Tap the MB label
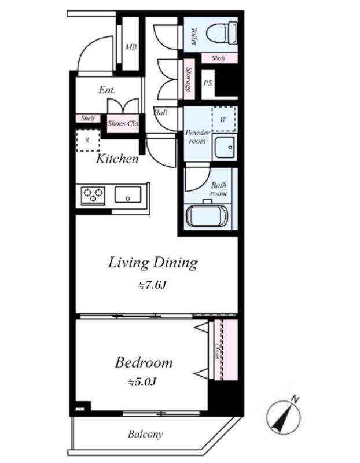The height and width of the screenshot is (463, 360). click(x=131, y=47)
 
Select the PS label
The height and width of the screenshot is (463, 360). click(x=208, y=83)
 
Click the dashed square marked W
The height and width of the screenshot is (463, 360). click(x=223, y=119)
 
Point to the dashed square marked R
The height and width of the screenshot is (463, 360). click(x=88, y=141)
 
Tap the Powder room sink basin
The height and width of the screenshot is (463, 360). click(x=225, y=147)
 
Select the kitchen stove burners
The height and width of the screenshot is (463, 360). click(x=93, y=196)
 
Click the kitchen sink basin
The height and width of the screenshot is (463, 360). click(x=128, y=194)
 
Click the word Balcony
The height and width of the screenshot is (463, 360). click(x=145, y=435)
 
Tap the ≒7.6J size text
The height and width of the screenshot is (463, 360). click(x=152, y=285)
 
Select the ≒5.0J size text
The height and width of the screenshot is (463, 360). click(x=142, y=382)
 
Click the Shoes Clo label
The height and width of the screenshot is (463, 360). click(x=123, y=123)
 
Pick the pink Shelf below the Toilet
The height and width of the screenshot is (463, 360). click(x=219, y=58)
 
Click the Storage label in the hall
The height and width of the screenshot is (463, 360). click(x=189, y=79)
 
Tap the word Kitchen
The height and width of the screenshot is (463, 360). click(x=117, y=159)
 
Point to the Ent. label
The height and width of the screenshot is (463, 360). click(x=107, y=90)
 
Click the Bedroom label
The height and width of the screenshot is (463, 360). click(x=144, y=363)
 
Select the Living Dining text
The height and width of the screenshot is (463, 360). click(x=153, y=263)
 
